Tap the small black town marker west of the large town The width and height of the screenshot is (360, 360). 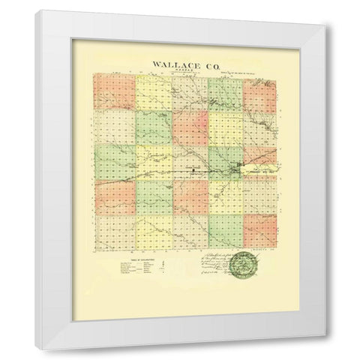click(x=193, y=169)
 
